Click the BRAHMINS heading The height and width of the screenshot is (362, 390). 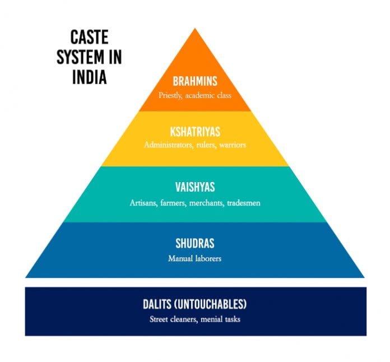point(194,82)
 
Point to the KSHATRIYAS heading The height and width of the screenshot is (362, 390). point(194,132)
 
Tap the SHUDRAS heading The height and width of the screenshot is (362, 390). point(194,244)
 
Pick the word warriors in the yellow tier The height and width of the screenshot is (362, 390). point(232,145)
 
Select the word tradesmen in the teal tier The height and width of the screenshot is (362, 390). point(244,202)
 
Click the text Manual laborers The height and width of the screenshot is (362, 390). point(194,258)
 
